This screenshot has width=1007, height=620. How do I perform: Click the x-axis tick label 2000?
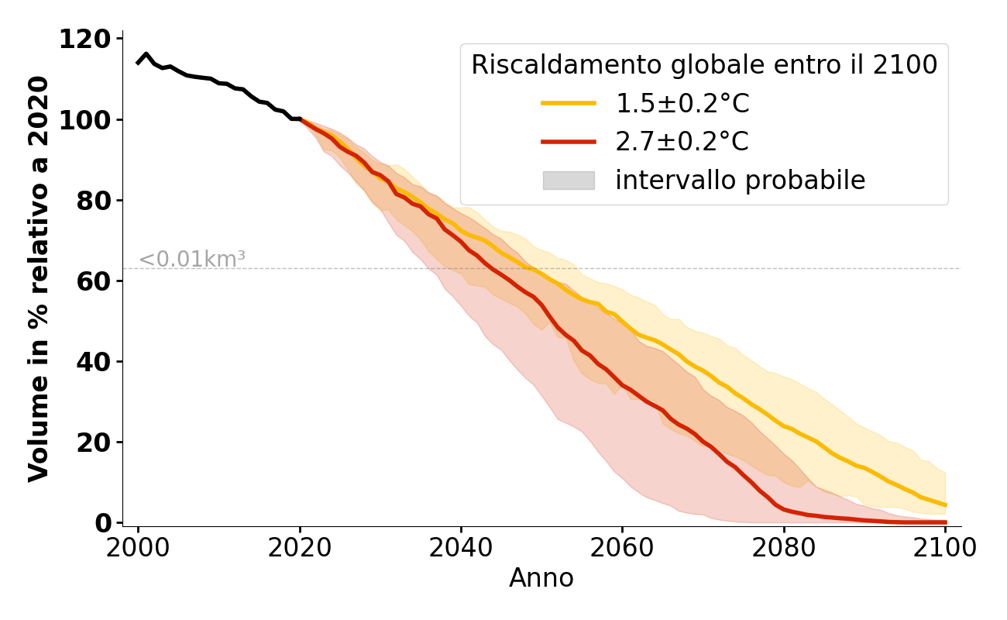click(138, 547)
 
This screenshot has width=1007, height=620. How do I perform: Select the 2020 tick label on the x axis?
click(299, 547)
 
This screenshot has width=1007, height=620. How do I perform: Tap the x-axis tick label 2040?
click(461, 547)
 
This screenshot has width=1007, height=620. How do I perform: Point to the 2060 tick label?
click(622, 547)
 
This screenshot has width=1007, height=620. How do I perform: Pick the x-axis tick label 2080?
click(783, 547)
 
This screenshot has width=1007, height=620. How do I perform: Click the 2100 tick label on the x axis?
click(944, 547)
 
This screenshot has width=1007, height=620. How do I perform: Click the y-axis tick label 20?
click(95, 442)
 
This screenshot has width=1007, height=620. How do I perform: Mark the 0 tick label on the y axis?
click(103, 522)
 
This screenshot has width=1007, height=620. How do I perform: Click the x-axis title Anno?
click(541, 578)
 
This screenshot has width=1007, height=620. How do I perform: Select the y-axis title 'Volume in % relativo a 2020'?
click(39, 279)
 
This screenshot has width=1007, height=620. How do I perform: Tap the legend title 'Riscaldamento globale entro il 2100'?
click(704, 65)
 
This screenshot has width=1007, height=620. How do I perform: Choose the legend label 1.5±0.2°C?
click(682, 104)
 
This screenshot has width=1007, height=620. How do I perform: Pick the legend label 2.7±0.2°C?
click(682, 142)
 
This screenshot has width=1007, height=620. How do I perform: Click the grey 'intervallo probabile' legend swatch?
click(569, 181)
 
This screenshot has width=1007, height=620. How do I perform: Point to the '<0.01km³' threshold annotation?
click(192, 260)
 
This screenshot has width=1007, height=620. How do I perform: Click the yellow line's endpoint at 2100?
click(945, 505)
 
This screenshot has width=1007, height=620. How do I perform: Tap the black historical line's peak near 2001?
click(146, 54)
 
